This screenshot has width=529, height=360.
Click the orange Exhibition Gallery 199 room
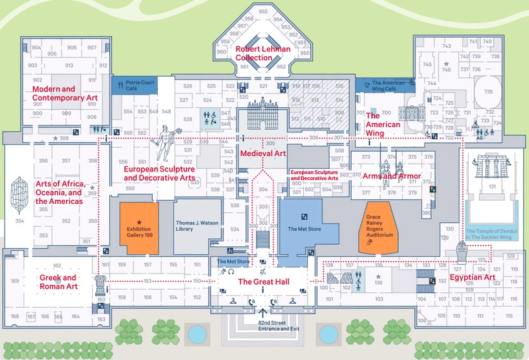click(x=139, y=228)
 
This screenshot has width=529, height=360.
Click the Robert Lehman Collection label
click(x=254, y=54)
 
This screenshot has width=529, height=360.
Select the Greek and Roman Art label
click(x=58, y=282)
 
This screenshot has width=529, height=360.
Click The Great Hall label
click(x=263, y=281)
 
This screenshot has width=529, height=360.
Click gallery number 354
click(x=20, y=221)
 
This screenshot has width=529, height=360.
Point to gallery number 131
click(x=492, y=187)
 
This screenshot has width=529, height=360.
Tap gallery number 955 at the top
click(x=263, y=12)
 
